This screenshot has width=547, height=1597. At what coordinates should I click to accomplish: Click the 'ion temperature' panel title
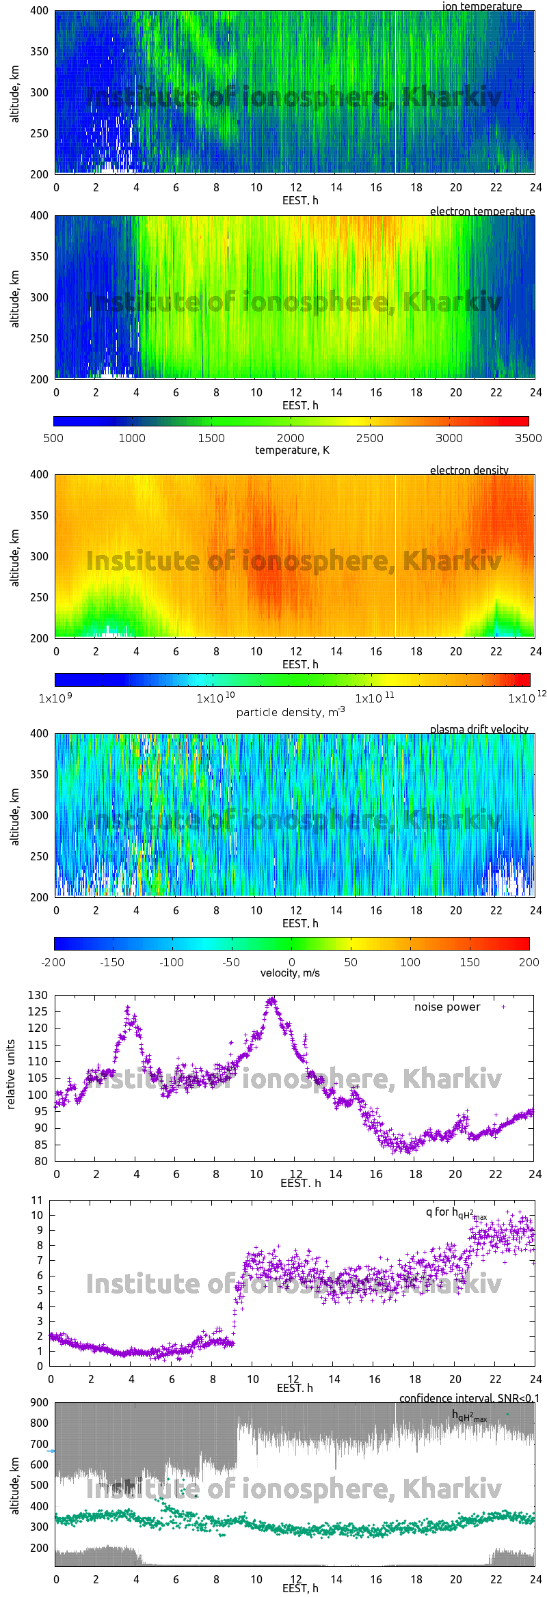tap(482, 6)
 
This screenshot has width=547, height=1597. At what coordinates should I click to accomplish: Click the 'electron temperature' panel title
tap(482, 211)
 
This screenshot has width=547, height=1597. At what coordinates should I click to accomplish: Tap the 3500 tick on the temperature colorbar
tap(528, 438)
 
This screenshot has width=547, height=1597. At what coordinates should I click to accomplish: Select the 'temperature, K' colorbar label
tap(292, 450)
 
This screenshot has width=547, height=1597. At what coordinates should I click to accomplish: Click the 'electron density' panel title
tap(469, 470)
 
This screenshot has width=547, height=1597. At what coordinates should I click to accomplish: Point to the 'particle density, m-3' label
tap(291, 712)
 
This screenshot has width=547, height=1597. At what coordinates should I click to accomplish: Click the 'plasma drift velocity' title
tap(479, 729)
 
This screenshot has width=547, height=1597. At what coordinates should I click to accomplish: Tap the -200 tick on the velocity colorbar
tap(53, 962)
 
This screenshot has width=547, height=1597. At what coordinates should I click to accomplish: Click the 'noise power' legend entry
tap(447, 1007)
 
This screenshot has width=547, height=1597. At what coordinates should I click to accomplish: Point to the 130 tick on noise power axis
tap(38, 995)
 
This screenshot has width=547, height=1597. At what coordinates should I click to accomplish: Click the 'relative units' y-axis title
tap(10, 1075)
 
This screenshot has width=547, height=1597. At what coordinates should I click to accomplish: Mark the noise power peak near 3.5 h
tap(127, 1008)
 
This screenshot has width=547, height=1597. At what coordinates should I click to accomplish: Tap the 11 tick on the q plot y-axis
tap(37, 1200)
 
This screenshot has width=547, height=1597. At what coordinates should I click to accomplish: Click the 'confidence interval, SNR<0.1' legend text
tap(469, 1398)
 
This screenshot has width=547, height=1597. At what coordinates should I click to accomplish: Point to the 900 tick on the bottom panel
tap(40, 1402)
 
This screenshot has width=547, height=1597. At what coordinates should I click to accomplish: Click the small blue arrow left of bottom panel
tap(51, 1450)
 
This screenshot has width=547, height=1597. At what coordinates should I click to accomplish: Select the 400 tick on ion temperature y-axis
tap(40, 11)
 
